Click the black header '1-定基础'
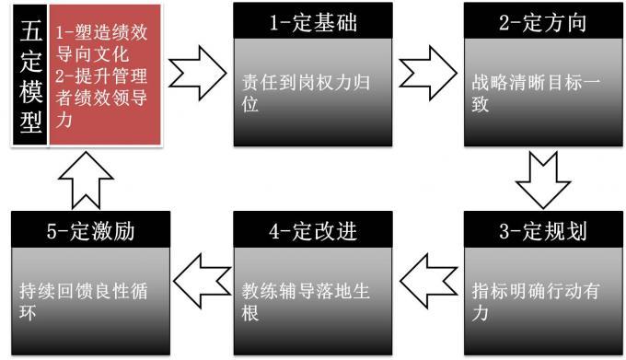312,21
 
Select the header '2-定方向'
542,21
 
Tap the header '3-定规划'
542,231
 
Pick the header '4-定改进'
312,231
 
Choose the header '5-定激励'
91,231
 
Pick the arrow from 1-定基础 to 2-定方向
430,70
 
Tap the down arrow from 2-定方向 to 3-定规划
542,179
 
